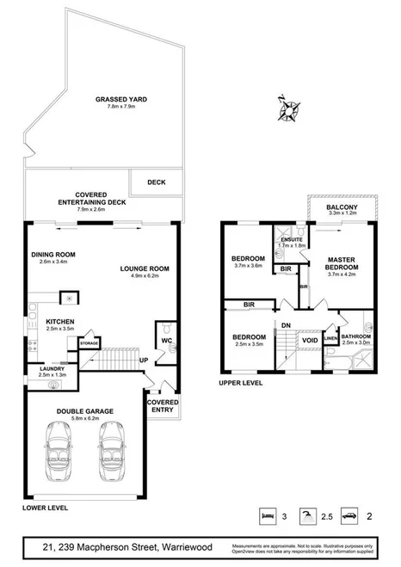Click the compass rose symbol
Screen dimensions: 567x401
287,108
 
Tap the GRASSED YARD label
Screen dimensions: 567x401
120,100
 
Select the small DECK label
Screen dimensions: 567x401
156,182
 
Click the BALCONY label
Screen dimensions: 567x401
342,207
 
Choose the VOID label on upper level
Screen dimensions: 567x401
309,340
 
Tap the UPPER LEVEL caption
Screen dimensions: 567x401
239,382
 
